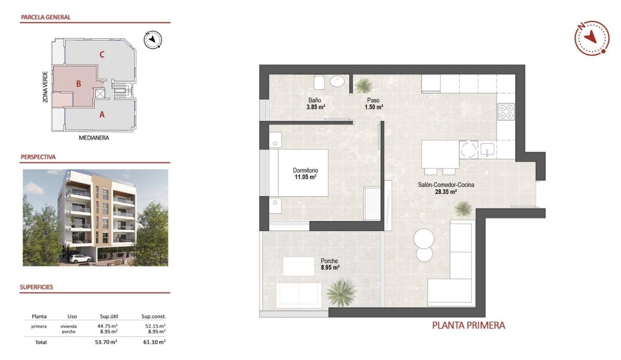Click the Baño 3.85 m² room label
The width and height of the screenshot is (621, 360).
click(x=316, y=103)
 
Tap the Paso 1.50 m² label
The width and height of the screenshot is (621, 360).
click(x=373, y=103)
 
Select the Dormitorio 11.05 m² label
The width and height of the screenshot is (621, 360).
click(x=305, y=174)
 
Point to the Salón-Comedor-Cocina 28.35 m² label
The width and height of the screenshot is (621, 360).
click(x=446, y=188)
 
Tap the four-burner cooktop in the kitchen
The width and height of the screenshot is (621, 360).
click(x=506, y=111)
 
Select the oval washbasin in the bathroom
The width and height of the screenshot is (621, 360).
click(x=337, y=81)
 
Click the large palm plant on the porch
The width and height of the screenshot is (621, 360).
click(x=341, y=293)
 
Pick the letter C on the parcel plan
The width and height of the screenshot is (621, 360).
click(x=102, y=55)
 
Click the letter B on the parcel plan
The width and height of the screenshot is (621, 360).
click(x=78, y=84)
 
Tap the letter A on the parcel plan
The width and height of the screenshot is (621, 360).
click(x=102, y=114)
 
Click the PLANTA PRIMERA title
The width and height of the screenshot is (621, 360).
click(x=468, y=325)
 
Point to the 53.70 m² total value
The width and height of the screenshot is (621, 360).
click(x=106, y=343)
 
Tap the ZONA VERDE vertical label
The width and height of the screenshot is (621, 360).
click(x=45, y=87)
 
